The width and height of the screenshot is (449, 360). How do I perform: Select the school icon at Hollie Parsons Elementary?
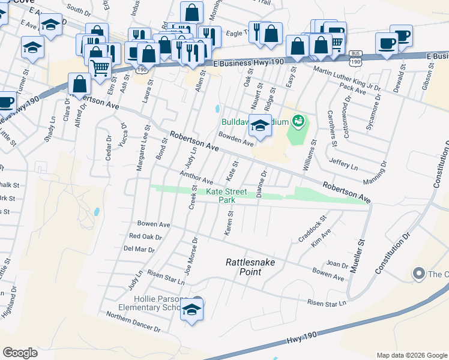[x=192, y=310]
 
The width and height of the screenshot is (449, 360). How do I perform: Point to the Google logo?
[x=20, y=353]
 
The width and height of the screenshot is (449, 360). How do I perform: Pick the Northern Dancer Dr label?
[x=133, y=322]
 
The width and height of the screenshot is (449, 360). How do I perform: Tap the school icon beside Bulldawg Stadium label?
[x=259, y=126]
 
